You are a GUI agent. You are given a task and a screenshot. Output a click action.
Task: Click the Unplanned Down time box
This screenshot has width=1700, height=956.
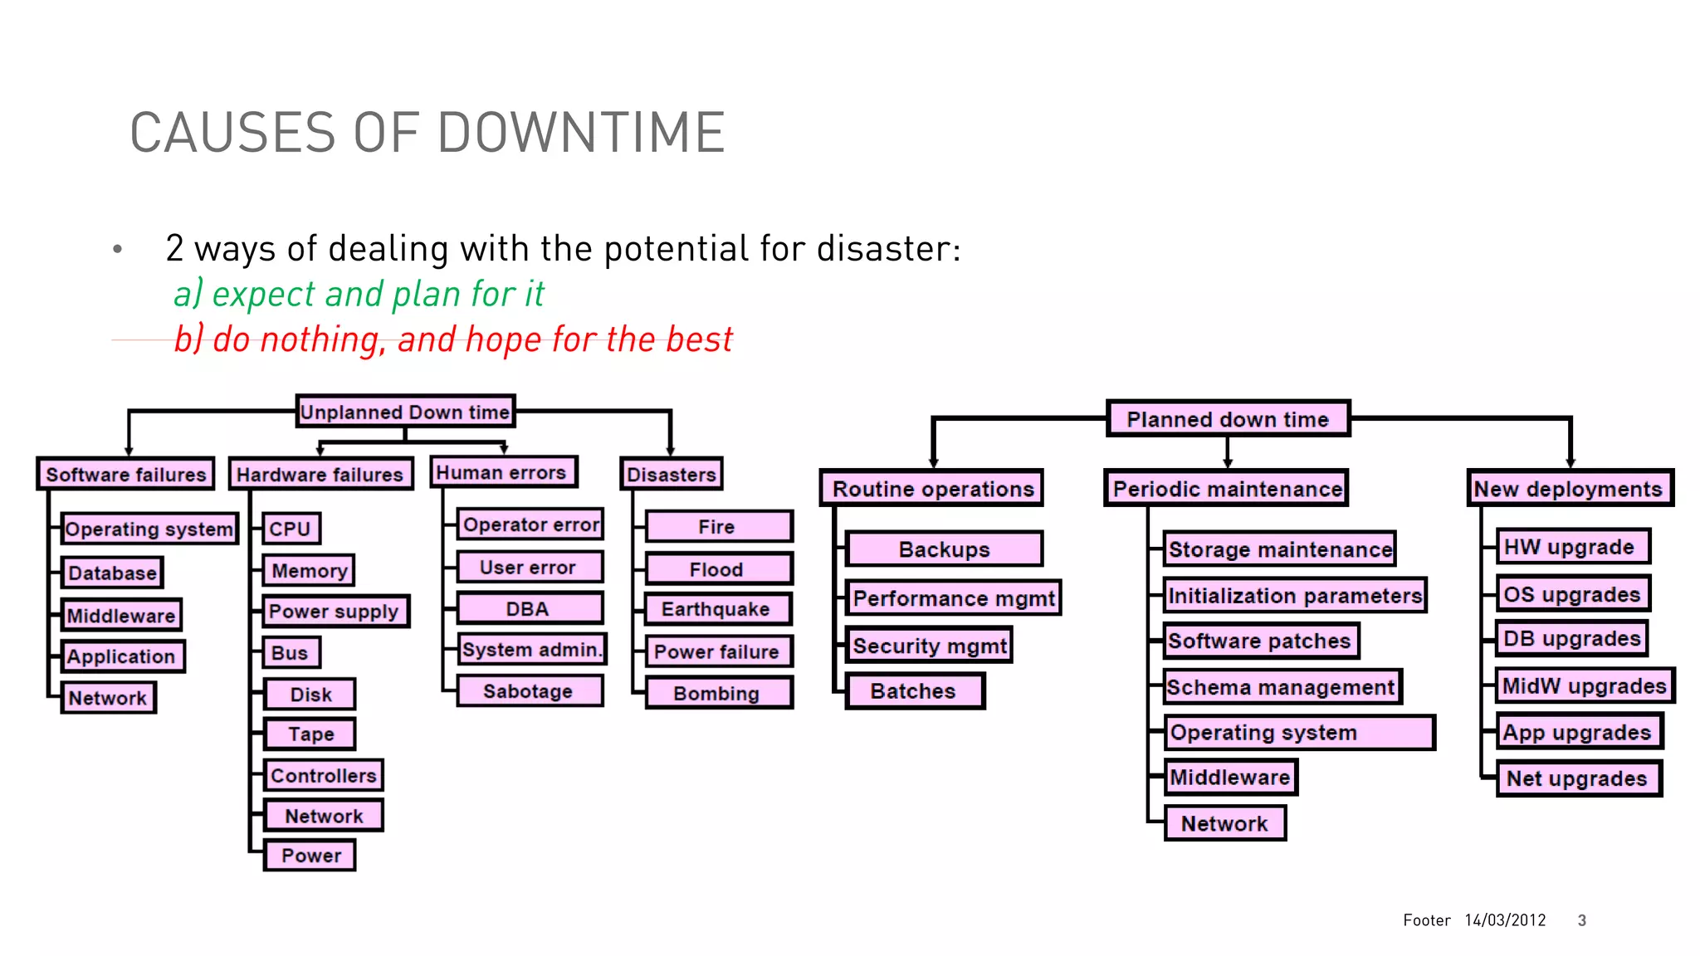[405, 412]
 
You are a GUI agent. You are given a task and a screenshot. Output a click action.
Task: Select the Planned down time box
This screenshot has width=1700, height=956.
[1228, 419]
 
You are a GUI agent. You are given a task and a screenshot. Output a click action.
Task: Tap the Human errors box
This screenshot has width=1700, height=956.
[502, 472]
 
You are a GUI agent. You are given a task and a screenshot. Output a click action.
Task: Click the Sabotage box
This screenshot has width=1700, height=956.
[529, 691]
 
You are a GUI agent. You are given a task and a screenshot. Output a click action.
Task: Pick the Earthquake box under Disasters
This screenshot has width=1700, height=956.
[717, 609]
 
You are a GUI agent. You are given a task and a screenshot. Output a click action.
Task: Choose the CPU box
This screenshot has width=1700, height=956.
[291, 529]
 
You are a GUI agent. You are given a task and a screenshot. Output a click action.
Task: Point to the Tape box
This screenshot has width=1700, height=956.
[310, 734]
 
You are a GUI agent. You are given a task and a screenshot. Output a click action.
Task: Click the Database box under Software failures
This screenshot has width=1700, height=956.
[112, 573]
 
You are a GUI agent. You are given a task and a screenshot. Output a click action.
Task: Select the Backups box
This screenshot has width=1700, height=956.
[944, 549]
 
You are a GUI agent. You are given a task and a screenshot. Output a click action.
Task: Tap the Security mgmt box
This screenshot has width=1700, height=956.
[929, 646]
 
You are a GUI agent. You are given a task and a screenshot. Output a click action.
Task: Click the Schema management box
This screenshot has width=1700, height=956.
[1281, 687]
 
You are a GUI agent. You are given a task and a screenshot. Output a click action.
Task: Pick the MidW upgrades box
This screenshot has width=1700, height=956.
[1584, 686]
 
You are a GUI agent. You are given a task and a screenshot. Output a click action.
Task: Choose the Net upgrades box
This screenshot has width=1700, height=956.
[1577, 778]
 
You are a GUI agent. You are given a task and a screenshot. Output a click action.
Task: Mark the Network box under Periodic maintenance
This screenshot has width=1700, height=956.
[1224, 823]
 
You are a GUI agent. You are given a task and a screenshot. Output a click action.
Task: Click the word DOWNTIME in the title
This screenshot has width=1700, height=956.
[581, 133]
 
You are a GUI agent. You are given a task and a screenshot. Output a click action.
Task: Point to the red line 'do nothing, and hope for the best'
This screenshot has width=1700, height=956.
[453, 339]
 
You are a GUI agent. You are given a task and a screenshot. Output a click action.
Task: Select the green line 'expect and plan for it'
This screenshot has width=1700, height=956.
[359, 294]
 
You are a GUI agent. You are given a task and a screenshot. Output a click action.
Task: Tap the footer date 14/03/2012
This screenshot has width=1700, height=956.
[1505, 919]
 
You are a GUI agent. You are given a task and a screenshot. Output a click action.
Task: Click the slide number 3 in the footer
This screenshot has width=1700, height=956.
[1582, 919]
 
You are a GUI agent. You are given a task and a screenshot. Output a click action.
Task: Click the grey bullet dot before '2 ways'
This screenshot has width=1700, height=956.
[118, 249]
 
